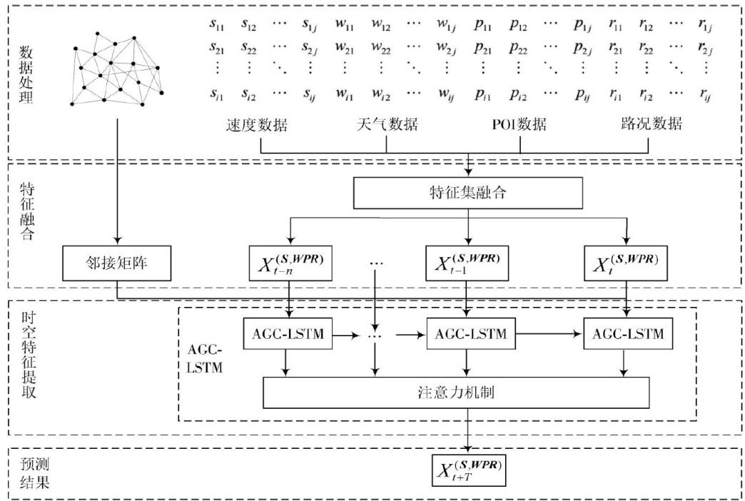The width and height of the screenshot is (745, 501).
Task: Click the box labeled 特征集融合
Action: click(x=468, y=191)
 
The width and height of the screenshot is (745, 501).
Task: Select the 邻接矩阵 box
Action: click(x=117, y=262)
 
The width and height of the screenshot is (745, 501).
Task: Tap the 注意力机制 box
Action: click(x=457, y=391)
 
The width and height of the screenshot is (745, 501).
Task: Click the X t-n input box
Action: click(x=290, y=262)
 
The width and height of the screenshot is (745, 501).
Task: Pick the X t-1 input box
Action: click(x=467, y=262)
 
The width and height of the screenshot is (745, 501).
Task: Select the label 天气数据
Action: click(x=386, y=124)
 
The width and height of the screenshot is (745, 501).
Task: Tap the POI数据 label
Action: click(x=519, y=124)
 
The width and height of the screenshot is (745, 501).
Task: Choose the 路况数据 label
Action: click(x=649, y=124)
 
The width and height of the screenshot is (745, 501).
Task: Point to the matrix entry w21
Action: click(x=345, y=49)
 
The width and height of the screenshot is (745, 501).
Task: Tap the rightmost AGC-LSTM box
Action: click(x=627, y=333)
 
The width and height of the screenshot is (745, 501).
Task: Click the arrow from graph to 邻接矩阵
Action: click(x=117, y=178)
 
